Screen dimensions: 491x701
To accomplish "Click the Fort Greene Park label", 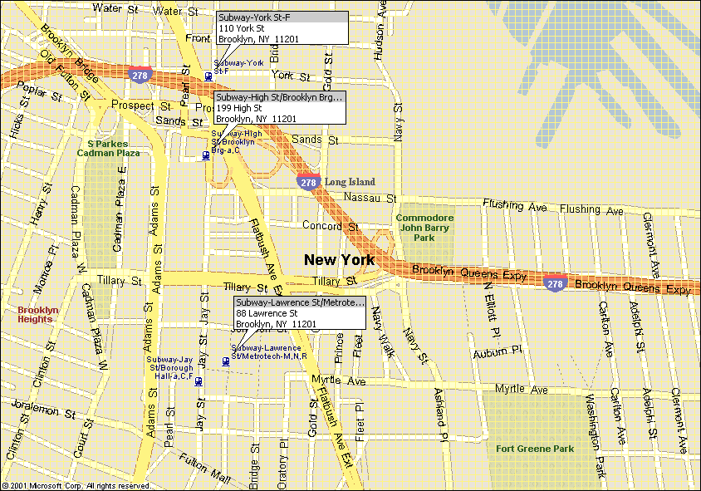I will coord(535,449).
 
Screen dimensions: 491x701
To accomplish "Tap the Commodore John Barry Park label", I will coord(424,228).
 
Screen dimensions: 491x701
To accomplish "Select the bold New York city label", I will coord(339,260).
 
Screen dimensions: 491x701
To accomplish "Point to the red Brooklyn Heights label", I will coord(38,314).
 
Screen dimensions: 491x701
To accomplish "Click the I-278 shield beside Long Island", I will coord(308,182).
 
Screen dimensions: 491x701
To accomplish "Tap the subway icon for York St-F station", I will coord(208,77).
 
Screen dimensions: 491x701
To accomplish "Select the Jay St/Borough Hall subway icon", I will coord(199,381).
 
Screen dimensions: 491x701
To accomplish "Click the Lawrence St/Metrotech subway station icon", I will coord(226,361).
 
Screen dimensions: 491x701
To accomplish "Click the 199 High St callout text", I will coord(239,108).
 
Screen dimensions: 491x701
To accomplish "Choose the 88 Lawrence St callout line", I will coord(262,313).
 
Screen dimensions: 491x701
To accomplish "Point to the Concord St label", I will coord(330,226).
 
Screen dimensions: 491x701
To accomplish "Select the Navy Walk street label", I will coord(381,331).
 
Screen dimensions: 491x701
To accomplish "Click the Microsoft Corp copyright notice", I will coord(76,485).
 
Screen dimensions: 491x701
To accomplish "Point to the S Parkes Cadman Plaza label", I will coord(108,148).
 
